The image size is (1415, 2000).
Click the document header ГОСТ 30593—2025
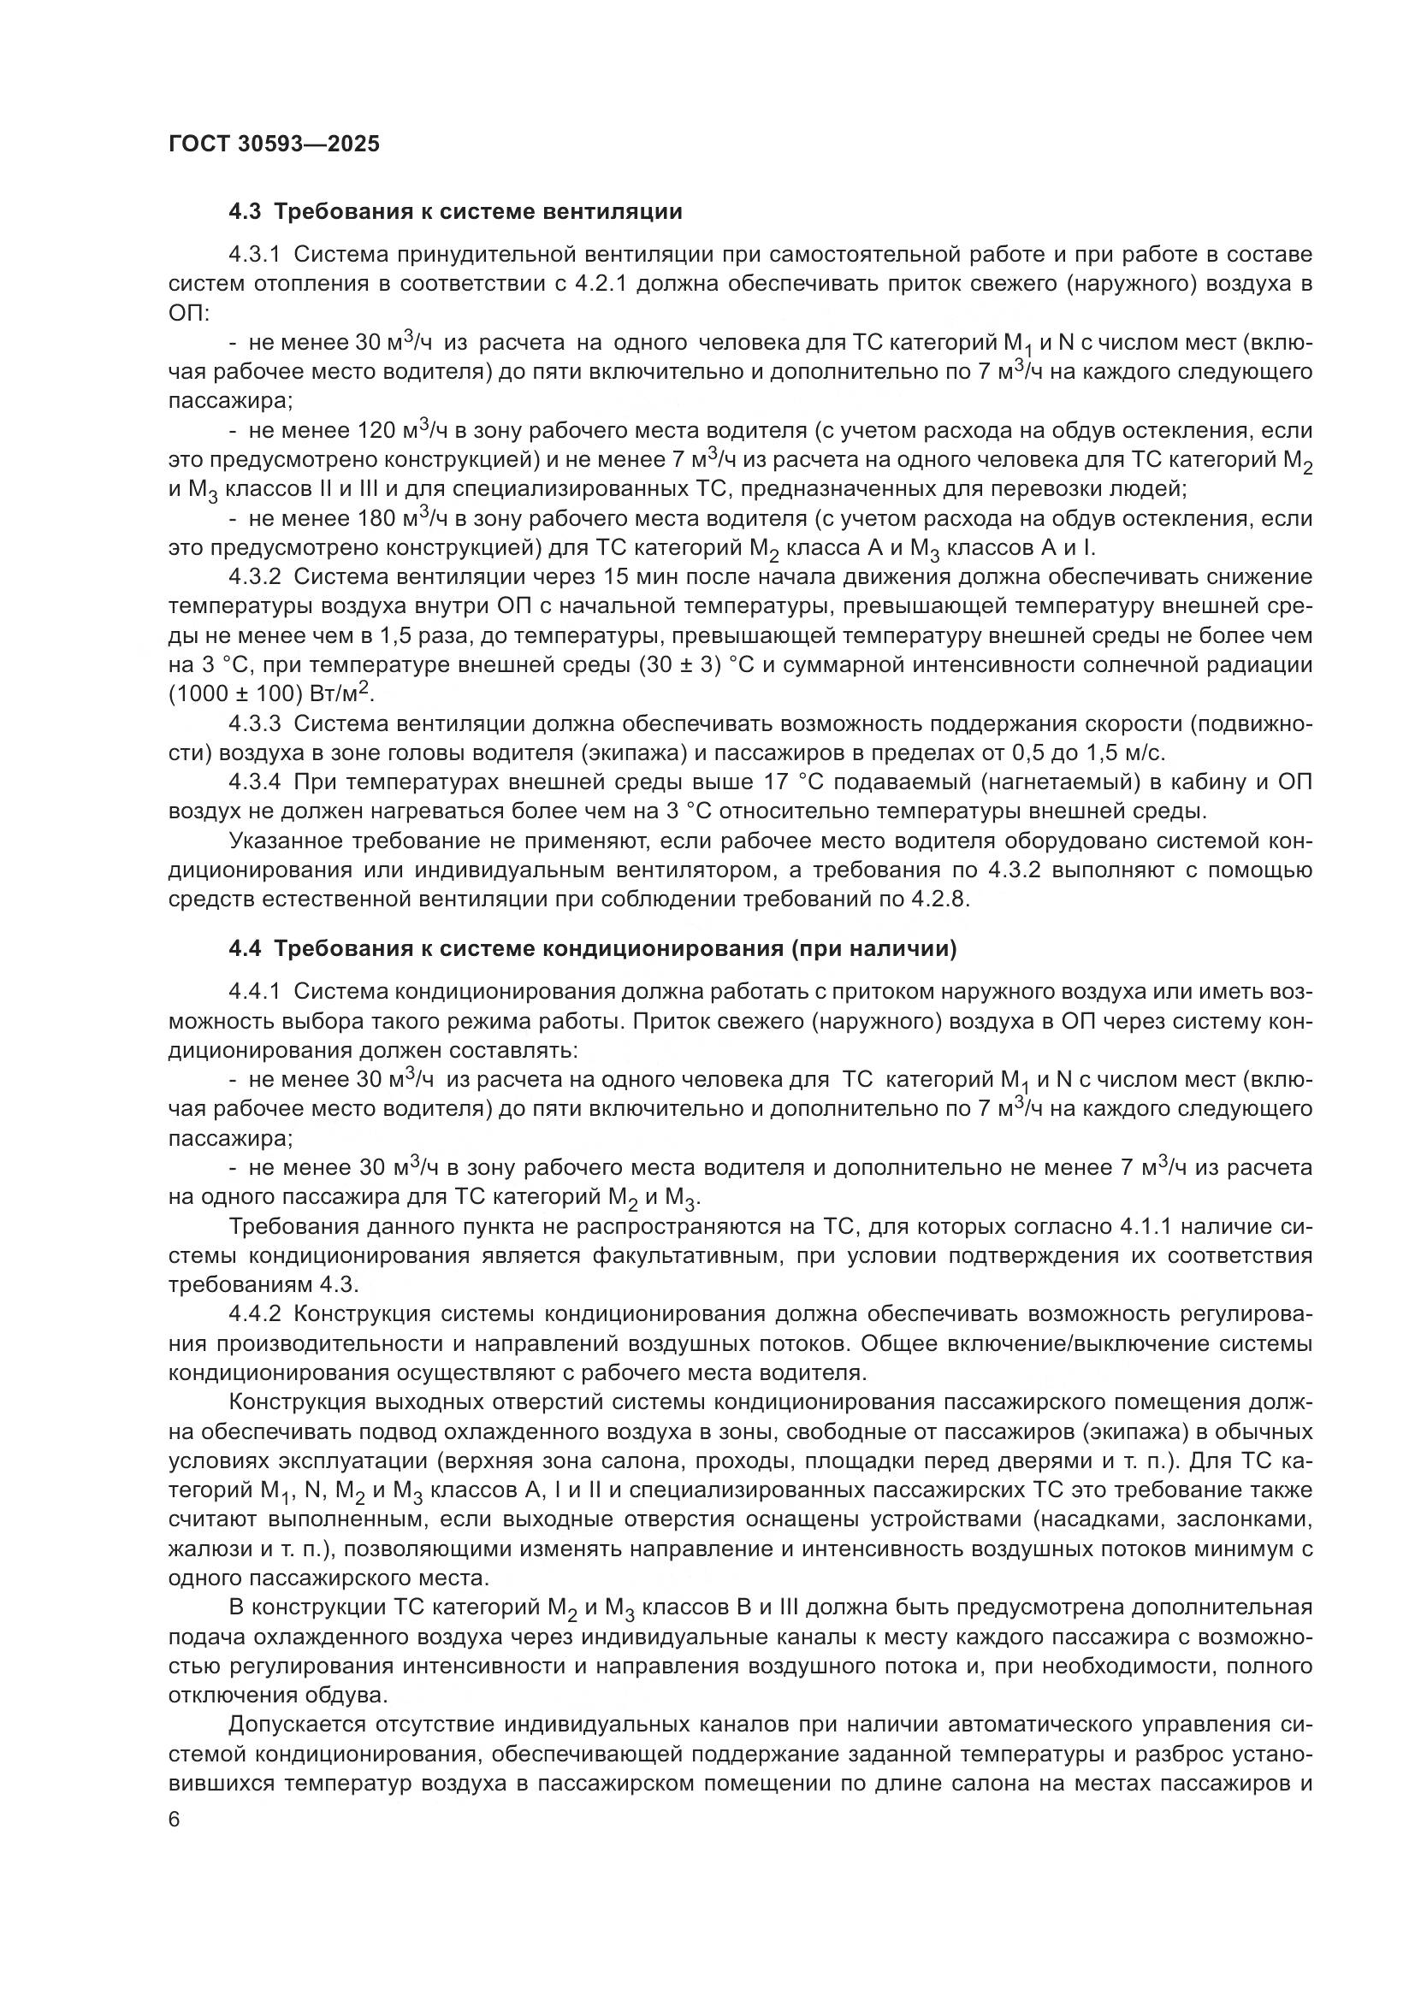[275, 145]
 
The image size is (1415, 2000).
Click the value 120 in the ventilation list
[377, 431]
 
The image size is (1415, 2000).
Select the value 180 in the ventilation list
[377, 519]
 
